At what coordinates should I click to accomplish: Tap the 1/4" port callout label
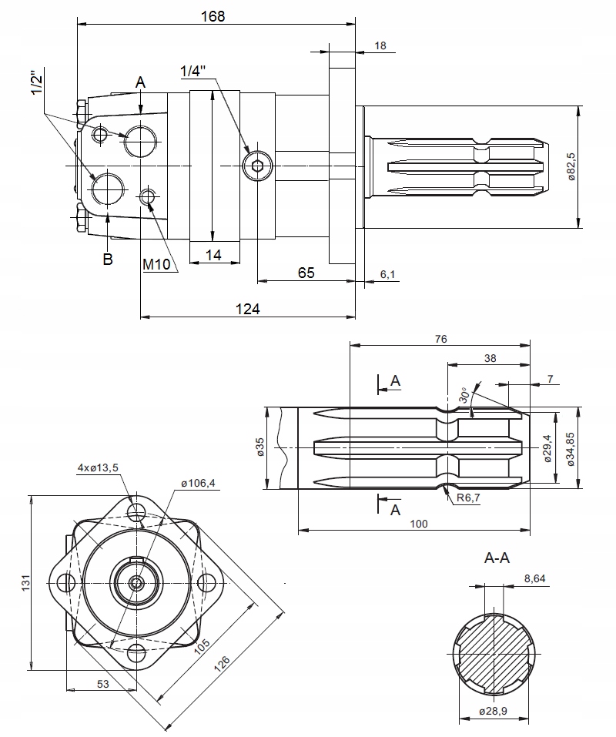click(x=193, y=71)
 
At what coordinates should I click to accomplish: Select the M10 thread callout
click(x=156, y=264)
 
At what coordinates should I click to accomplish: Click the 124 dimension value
click(x=248, y=308)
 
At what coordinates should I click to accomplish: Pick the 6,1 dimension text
click(x=388, y=274)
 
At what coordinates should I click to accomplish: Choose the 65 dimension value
click(x=306, y=272)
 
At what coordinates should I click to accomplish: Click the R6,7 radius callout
click(x=468, y=498)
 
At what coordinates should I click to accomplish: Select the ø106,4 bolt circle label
click(x=198, y=483)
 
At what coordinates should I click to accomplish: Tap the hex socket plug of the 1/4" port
click(x=256, y=165)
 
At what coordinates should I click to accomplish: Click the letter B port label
click(x=108, y=260)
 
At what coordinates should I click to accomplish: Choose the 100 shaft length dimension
click(x=419, y=524)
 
